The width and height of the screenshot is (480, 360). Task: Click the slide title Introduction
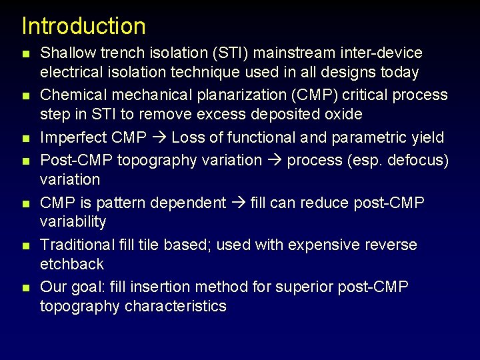click(x=83, y=26)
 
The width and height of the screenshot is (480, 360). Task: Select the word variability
click(x=73, y=221)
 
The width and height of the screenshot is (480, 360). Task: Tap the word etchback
click(x=72, y=264)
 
